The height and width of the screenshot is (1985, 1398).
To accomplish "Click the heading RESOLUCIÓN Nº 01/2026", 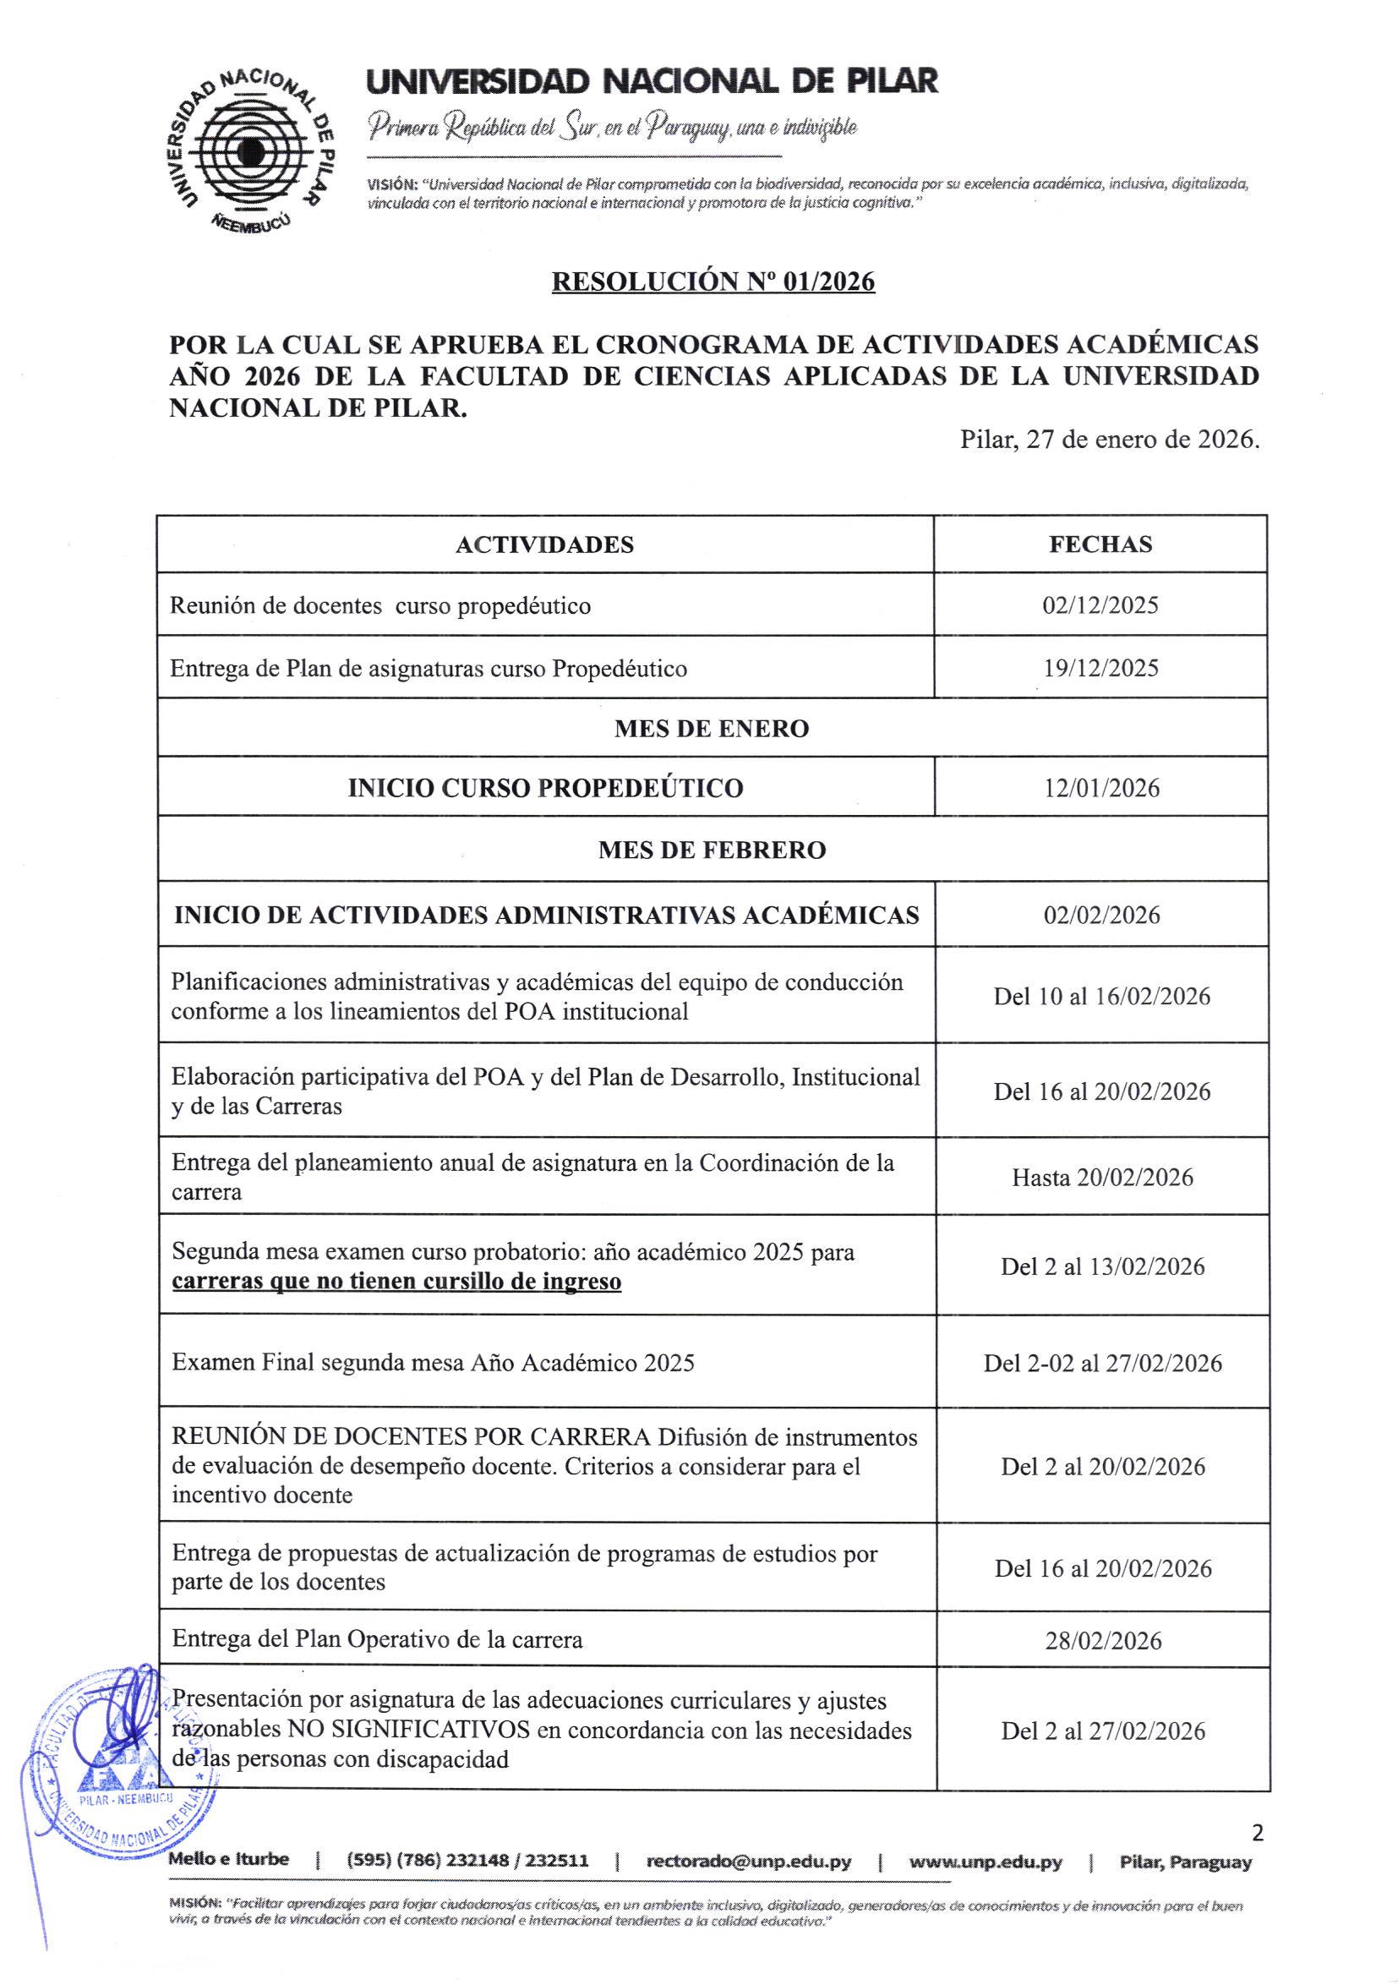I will (713, 282).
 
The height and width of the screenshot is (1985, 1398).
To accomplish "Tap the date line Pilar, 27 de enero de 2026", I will (1109, 440).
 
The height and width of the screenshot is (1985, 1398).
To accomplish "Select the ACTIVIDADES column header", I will (544, 544).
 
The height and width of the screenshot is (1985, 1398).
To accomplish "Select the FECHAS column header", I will (1100, 544).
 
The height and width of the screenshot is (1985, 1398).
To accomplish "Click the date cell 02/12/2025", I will (1100, 605).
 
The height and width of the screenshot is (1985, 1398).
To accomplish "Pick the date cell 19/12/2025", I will (1100, 669).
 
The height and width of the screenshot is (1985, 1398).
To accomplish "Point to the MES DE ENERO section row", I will (712, 729).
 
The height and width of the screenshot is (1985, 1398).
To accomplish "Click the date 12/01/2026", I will (1101, 789).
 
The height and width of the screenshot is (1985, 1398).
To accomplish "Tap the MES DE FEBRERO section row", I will (712, 850).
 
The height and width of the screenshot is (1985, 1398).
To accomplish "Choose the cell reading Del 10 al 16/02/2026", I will (1101, 997).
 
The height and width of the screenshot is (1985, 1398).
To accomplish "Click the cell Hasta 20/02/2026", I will (1101, 1178).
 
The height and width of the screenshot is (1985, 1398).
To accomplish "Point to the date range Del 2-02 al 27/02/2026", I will (1102, 1364).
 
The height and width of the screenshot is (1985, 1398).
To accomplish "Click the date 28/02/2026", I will (1102, 1641).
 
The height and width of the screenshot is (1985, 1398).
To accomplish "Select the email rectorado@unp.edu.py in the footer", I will (749, 1862).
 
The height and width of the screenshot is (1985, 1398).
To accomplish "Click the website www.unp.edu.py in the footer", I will (986, 1862).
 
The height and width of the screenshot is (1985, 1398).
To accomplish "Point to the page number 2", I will (1257, 1833).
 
